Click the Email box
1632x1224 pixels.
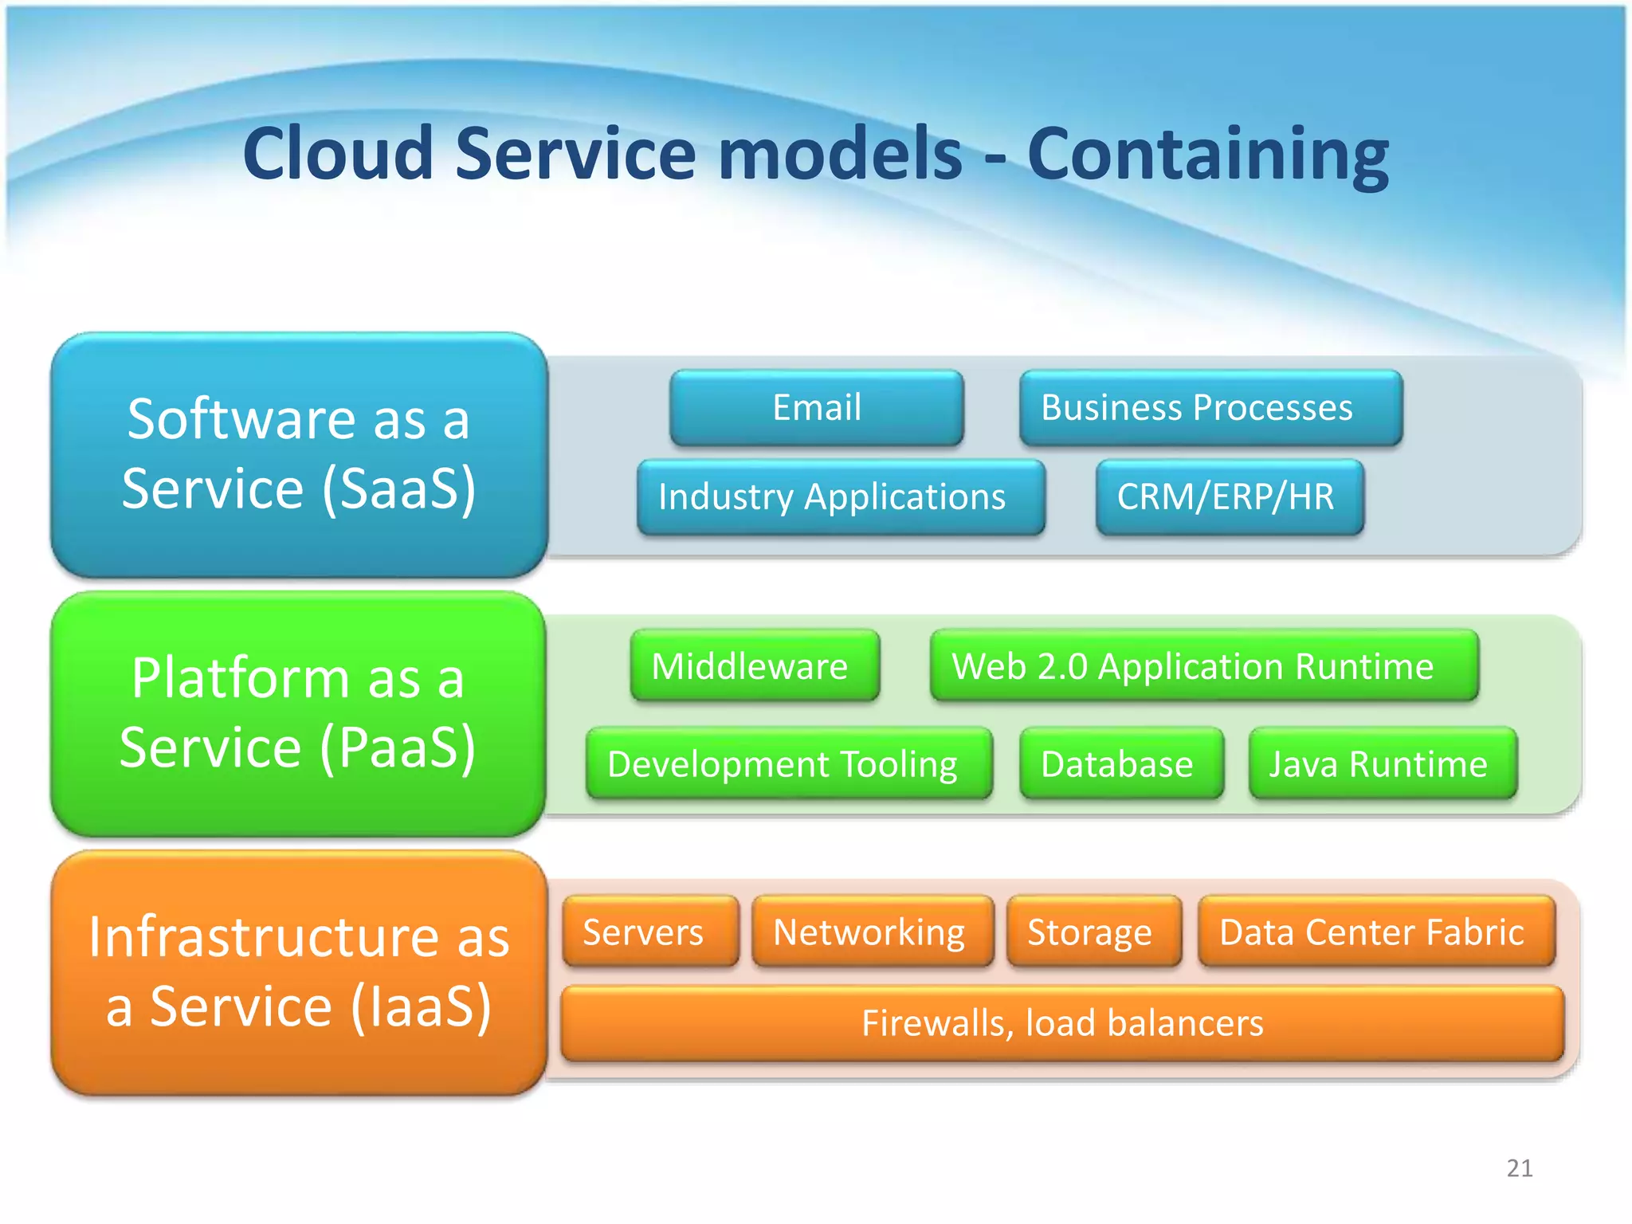[817, 407]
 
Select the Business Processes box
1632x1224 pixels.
[1210, 407]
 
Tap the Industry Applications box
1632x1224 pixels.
[841, 496]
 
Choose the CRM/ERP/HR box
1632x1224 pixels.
[1230, 496]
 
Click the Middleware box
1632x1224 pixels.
[755, 666]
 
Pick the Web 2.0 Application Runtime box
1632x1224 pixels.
[1204, 666]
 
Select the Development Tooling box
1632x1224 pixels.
[789, 764]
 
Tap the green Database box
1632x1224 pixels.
[1121, 764]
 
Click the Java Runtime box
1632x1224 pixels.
[1383, 764]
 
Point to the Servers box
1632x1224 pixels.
[649, 932]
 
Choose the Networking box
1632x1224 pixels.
[873, 932]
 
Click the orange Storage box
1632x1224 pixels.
[1093, 932]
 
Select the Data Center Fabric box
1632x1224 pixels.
[1376, 932]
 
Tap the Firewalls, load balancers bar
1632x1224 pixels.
[1062, 1023]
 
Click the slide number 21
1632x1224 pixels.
[1520, 1168]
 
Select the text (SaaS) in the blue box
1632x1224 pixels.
[398, 488]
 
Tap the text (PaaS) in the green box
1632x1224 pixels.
[398, 747]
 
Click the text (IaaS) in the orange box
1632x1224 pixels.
[420, 1006]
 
